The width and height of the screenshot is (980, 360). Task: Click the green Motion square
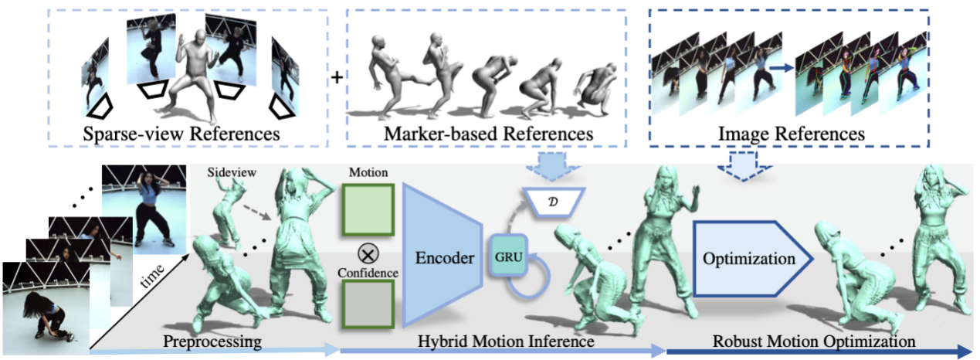368,208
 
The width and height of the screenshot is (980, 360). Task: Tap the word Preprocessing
212,340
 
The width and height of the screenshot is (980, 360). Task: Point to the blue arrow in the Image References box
782,69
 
